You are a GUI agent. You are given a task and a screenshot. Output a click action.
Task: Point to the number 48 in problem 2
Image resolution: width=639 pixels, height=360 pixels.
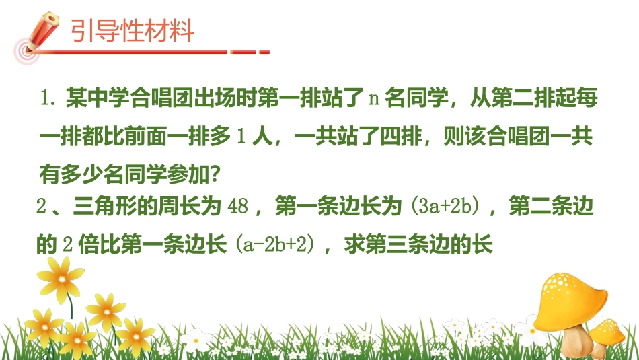coord(239,207)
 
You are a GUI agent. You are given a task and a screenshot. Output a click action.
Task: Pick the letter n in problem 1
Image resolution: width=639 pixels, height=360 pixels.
coord(375,100)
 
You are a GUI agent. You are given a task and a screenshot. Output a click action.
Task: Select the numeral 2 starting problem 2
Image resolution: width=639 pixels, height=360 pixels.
coord(41,207)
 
